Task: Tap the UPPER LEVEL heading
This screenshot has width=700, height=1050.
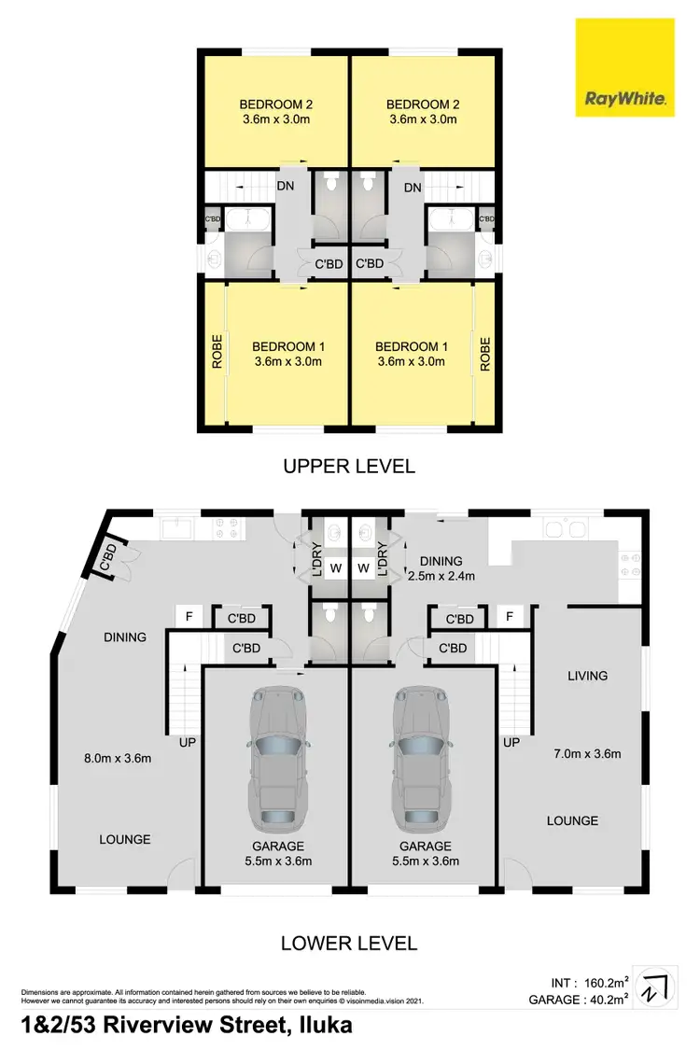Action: [349, 465]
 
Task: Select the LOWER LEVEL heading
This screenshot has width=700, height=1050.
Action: [349, 944]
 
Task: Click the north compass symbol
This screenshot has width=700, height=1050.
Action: [656, 987]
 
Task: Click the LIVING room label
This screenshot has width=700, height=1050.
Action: [587, 676]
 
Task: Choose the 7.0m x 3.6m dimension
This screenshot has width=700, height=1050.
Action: [589, 754]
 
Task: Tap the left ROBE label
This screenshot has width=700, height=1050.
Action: [217, 353]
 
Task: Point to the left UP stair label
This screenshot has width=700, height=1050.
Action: [188, 743]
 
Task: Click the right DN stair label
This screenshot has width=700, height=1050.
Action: [413, 188]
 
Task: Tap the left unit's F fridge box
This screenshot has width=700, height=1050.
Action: [189, 617]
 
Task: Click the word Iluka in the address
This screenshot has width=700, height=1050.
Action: [322, 1026]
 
